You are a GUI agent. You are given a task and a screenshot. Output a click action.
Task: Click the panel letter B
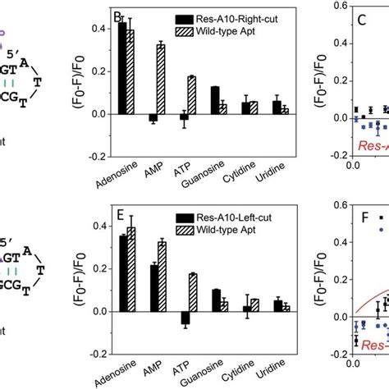(x=117, y=16)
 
